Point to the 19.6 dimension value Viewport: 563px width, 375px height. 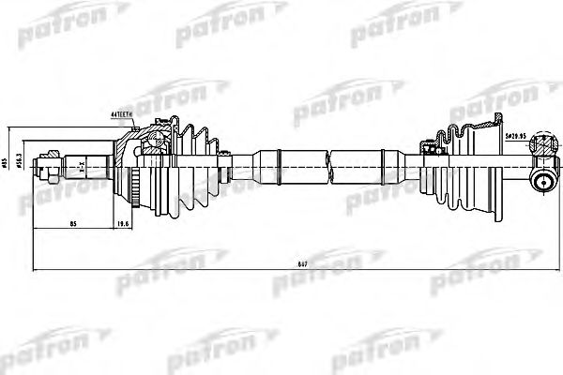coord(124,225)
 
